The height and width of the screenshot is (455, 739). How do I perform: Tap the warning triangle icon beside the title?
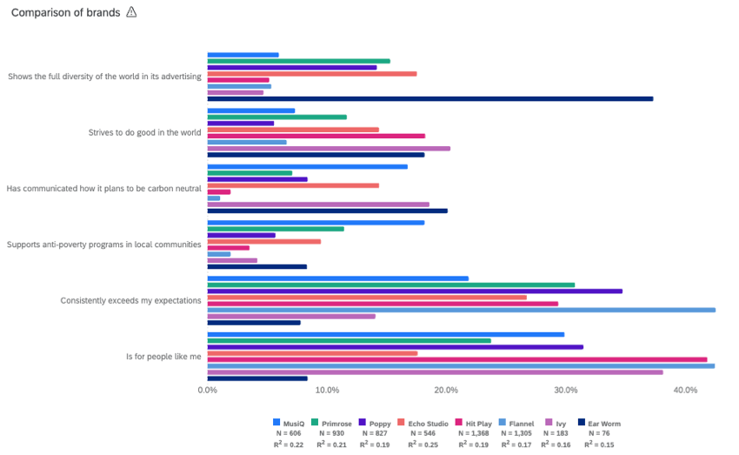click(131, 12)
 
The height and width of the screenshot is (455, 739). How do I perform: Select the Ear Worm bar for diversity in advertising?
click(429, 98)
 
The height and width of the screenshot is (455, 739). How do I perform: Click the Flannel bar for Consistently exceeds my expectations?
click(461, 310)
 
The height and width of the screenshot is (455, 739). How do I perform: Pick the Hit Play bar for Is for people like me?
click(456, 359)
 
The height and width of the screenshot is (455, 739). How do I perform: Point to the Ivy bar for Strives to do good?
click(329, 149)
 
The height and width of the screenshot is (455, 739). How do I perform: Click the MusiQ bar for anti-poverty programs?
click(316, 223)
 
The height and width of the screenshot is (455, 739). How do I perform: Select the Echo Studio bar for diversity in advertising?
click(311, 74)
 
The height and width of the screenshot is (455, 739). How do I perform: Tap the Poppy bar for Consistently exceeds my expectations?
click(415, 291)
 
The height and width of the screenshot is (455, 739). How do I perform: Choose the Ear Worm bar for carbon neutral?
click(327, 211)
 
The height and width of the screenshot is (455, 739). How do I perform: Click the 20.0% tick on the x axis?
click(446, 390)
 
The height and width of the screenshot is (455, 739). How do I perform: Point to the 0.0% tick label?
click(207, 390)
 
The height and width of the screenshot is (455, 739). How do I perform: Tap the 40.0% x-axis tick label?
click(685, 390)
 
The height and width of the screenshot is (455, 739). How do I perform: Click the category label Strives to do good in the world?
click(144, 132)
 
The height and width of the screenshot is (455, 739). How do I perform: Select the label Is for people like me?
click(163, 356)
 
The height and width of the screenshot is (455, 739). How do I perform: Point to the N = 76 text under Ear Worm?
click(599, 433)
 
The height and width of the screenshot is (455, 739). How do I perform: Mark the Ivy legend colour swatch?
click(548, 424)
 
